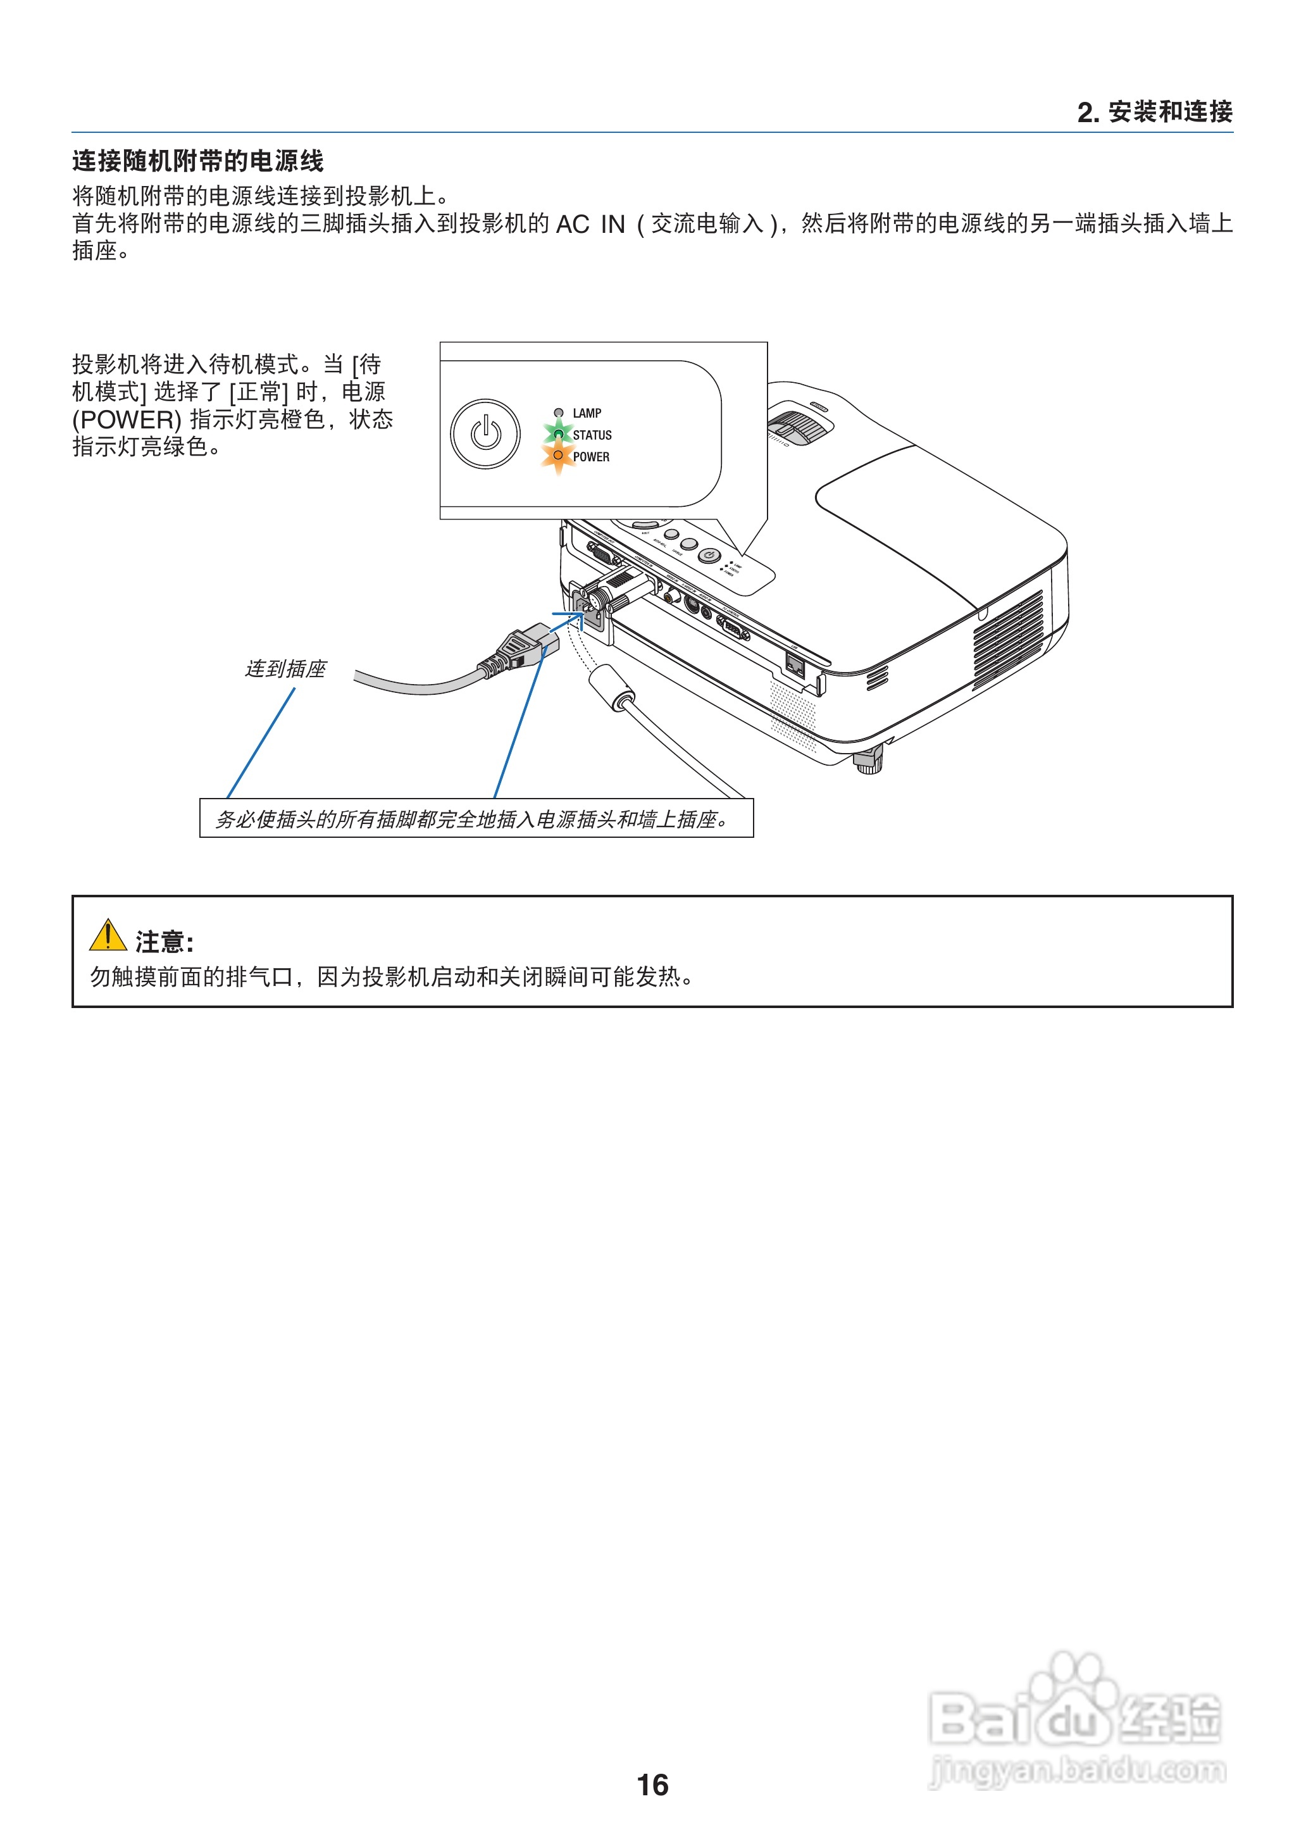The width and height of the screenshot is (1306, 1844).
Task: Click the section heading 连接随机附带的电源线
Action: pyautogui.click(x=198, y=161)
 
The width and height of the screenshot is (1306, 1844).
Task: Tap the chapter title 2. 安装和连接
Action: pyautogui.click(x=1154, y=112)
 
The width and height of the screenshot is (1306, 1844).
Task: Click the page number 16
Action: pyautogui.click(x=652, y=1785)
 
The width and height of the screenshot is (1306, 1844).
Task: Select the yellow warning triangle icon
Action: pyautogui.click(x=108, y=935)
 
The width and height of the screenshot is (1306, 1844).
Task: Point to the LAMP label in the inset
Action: pyautogui.click(x=587, y=413)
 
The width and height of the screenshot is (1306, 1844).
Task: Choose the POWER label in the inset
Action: pyautogui.click(x=591, y=457)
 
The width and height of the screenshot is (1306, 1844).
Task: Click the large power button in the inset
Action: pyautogui.click(x=485, y=434)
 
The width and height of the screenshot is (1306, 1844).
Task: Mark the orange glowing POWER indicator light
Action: pyautogui.click(x=558, y=455)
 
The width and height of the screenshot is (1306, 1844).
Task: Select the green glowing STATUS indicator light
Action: pyautogui.click(x=558, y=434)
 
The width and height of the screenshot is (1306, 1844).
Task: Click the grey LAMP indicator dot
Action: pyautogui.click(x=558, y=413)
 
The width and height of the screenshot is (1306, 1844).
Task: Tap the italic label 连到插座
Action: pyautogui.click(x=285, y=669)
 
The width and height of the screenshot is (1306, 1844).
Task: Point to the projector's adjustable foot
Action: pyautogui.click(x=869, y=759)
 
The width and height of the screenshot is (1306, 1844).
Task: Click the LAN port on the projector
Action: pyautogui.click(x=795, y=665)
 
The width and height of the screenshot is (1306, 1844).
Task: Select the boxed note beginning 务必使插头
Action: pyautogui.click(x=476, y=819)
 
